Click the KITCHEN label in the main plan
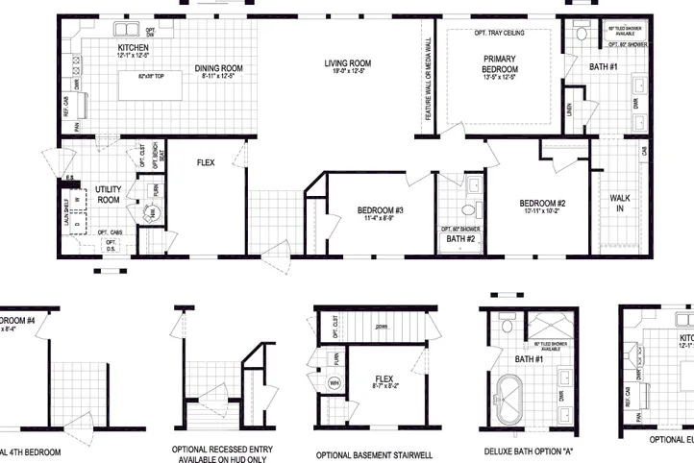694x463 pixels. [x=133, y=47]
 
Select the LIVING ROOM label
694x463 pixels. [x=348, y=63]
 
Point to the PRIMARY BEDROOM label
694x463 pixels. [x=500, y=64]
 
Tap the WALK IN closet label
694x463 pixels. [x=620, y=203]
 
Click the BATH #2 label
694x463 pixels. [x=461, y=238]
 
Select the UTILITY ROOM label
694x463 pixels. [x=108, y=194]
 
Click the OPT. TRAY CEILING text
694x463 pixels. [x=500, y=33]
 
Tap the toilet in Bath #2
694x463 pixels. [x=467, y=209]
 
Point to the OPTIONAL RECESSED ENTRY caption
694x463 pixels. [x=222, y=448]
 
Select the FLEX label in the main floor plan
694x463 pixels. [x=206, y=163]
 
